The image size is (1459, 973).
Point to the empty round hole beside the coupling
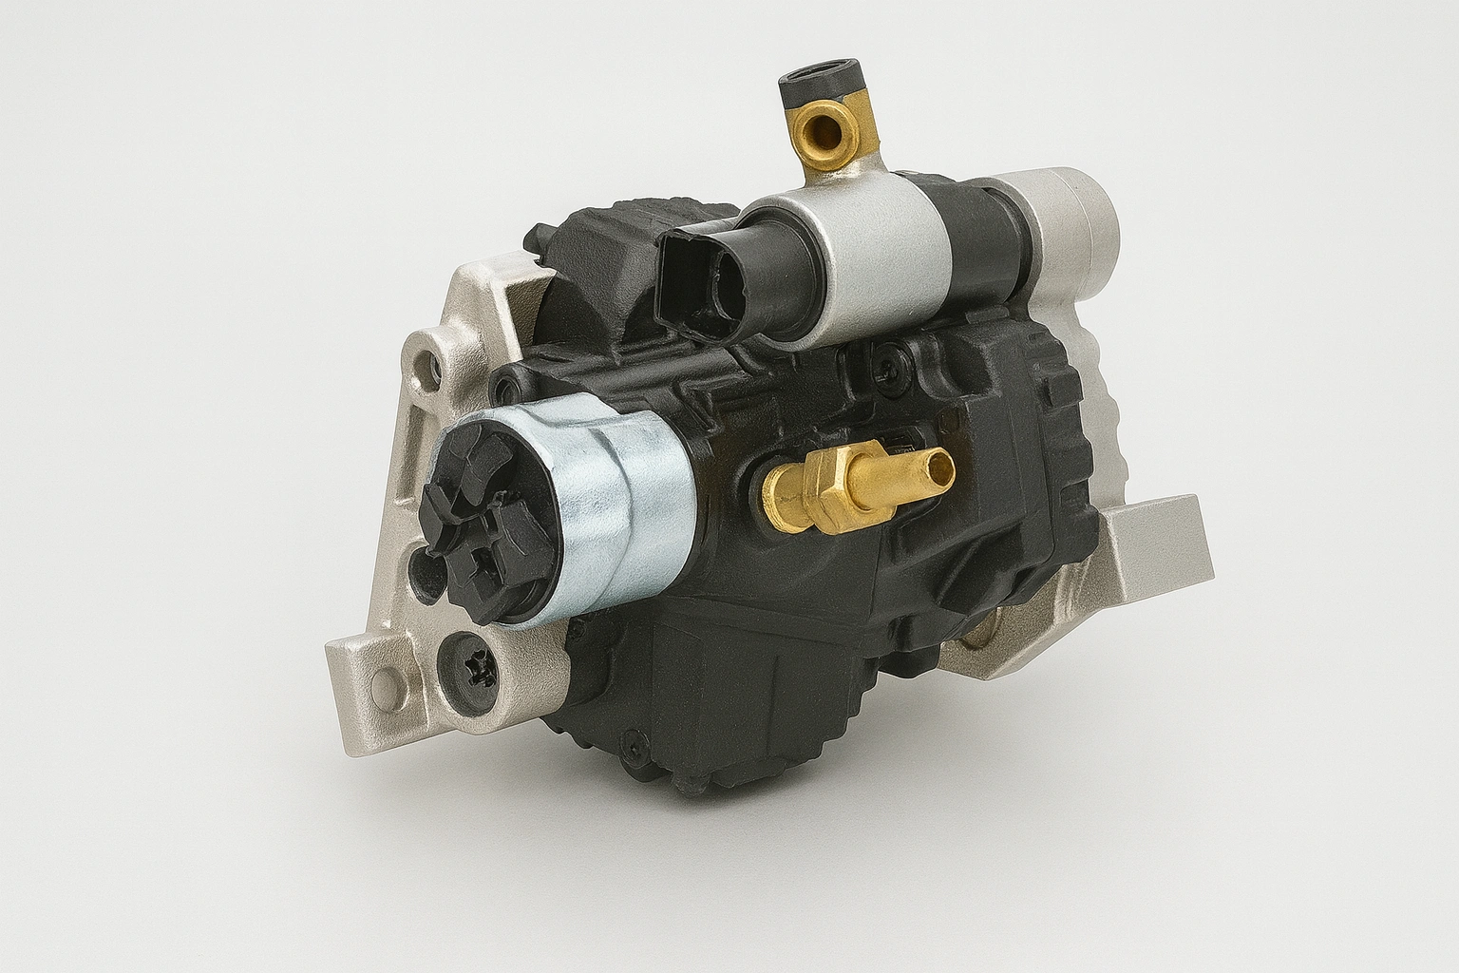pyautogui.click(x=419, y=570)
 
